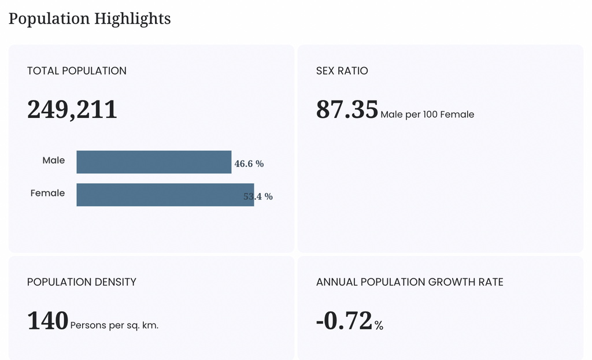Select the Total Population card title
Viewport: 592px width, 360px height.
pos(77,71)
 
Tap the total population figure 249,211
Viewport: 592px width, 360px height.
pos(72,109)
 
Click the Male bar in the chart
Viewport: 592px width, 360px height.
pos(154,162)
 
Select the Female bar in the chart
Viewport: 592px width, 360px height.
pos(165,195)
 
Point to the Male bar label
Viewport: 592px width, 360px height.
pos(54,161)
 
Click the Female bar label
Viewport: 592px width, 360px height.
pos(47,193)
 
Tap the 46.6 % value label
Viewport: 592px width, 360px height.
pos(249,164)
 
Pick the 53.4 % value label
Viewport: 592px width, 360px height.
pos(258,196)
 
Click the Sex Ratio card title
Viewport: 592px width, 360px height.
pos(342,71)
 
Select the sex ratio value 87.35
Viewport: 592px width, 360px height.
pos(347,109)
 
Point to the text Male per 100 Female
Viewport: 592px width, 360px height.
pos(427,114)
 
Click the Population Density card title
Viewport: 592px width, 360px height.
pos(82,282)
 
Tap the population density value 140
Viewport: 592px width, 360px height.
pos(47,321)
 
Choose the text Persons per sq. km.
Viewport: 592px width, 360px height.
pos(114,325)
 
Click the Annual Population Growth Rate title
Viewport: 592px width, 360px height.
pos(410,282)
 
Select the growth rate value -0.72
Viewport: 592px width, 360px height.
pos(345,321)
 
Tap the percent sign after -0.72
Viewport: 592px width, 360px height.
pos(379,325)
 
